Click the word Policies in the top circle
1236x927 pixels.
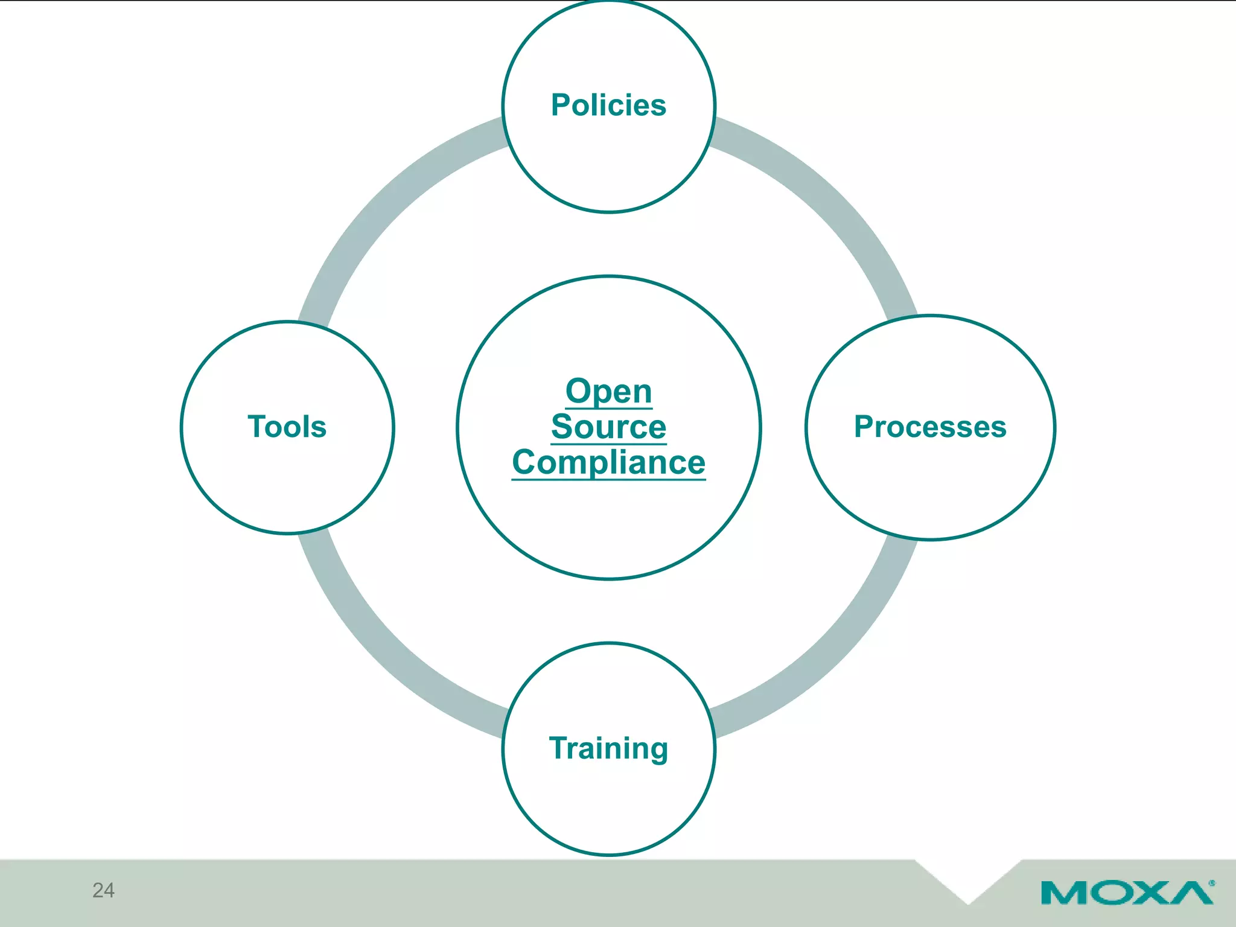point(608,105)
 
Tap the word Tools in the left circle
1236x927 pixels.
point(287,427)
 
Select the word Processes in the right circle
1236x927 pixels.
point(930,427)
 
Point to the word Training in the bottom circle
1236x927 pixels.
point(608,748)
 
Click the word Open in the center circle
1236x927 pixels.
point(608,391)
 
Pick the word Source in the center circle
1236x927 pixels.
point(608,427)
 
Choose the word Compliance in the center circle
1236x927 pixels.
point(608,462)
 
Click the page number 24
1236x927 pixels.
point(103,890)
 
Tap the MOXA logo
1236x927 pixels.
point(1126,893)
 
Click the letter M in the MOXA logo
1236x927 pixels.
point(1063,893)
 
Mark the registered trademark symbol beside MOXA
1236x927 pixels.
point(1212,883)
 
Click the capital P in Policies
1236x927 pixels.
point(561,105)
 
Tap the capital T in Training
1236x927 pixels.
point(558,748)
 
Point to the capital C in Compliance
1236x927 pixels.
point(524,463)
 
